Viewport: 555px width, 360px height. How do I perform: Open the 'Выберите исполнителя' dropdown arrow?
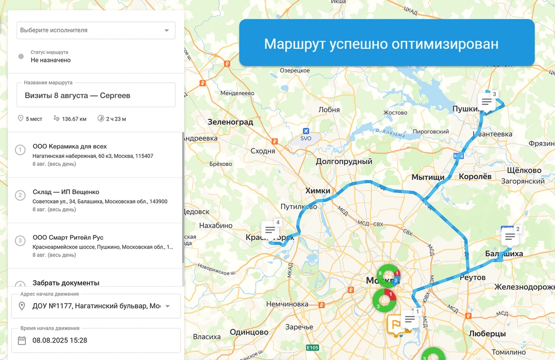point(166,30)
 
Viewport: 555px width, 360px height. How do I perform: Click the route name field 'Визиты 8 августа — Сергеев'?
point(96,95)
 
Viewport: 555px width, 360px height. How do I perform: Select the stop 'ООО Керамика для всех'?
point(70,146)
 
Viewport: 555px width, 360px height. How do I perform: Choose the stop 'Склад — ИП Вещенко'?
point(66,192)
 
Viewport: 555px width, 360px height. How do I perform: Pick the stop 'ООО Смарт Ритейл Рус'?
point(68,237)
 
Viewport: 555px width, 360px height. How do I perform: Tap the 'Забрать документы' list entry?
point(66,283)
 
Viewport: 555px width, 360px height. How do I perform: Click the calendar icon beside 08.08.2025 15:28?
point(22,341)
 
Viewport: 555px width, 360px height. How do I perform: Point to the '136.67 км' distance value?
point(74,119)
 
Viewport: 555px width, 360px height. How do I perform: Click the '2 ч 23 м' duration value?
point(116,119)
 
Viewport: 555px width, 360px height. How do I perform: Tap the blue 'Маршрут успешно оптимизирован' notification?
point(387,44)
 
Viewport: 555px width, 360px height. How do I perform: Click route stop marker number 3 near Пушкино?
point(486,102)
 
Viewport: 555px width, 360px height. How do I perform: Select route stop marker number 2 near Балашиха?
point(510,237)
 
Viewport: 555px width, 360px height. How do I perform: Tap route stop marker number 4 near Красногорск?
point(269,230)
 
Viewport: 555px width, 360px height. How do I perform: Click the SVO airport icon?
point(306,131)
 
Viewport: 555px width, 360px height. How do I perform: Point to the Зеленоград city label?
point(230,122)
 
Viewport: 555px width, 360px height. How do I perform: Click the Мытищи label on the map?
point(428,177)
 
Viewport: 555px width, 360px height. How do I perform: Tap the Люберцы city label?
point(487,334)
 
